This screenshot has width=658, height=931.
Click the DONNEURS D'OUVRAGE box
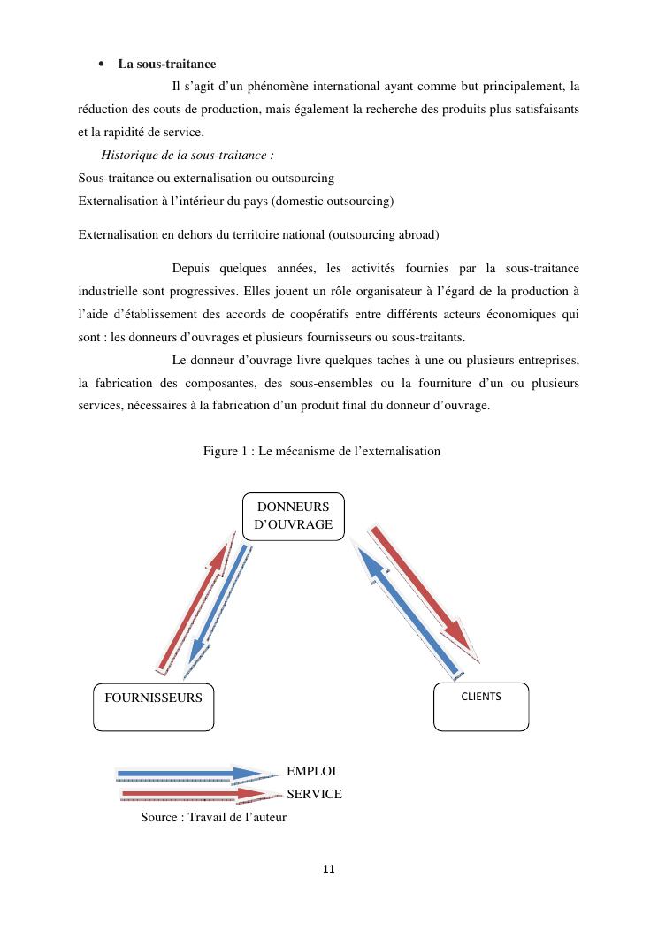[x=293, y=515]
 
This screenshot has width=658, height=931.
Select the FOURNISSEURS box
[x=154, y=706]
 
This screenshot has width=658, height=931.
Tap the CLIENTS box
[x=481, y=706]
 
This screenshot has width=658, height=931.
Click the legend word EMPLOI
[x=311, y=772]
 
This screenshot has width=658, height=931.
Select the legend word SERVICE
[x=314, y=794]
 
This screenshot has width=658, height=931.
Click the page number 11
[x=329, y=869]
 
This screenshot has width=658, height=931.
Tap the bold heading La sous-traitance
[x=166, y=65]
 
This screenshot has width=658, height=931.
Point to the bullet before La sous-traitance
[x=103, y=65]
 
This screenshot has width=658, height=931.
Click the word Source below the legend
[x=160, y=818]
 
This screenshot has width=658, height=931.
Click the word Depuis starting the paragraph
[x=194, y=268]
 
